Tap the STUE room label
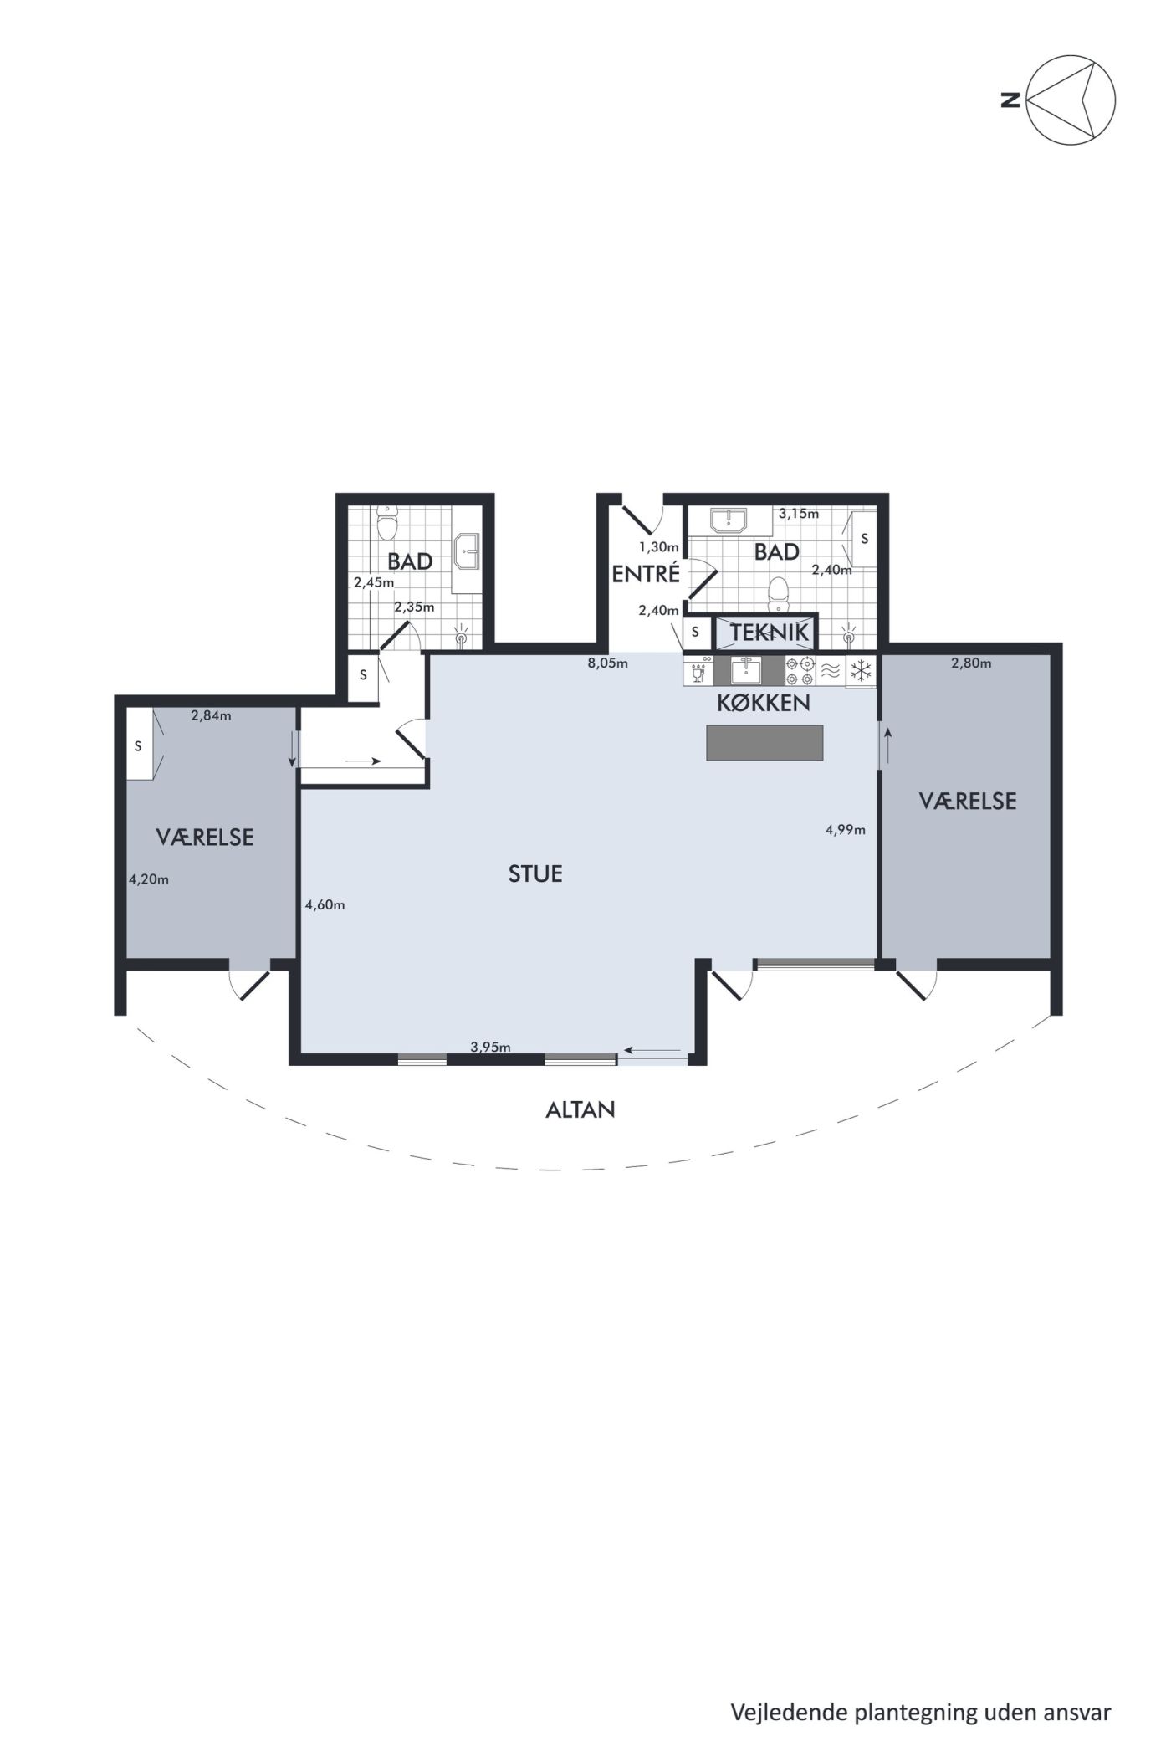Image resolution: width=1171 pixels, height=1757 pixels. (535, 874)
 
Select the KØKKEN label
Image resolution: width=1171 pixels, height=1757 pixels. (764, 703)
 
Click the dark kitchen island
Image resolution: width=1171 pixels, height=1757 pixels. (765, 742)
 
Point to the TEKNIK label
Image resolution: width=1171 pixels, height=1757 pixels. (770, 633)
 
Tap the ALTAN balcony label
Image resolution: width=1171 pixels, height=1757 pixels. (580, 1110)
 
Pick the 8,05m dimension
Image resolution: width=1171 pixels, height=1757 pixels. (607, 663)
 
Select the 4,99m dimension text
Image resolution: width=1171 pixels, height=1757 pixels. (845, 830)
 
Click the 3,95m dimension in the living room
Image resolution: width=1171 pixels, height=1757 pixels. (490, 1047)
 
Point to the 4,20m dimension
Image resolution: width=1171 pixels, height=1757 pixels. (149, 879)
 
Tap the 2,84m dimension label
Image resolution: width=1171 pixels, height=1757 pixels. (211, 715)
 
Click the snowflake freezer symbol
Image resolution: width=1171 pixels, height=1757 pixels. (862, 670)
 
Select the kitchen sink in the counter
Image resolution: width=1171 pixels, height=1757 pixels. (746, 671)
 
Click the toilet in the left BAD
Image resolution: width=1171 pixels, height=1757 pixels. (386, 525)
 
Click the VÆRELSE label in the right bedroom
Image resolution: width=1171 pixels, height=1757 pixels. (968, 802)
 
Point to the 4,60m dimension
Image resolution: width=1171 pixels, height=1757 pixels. (325, 904)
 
